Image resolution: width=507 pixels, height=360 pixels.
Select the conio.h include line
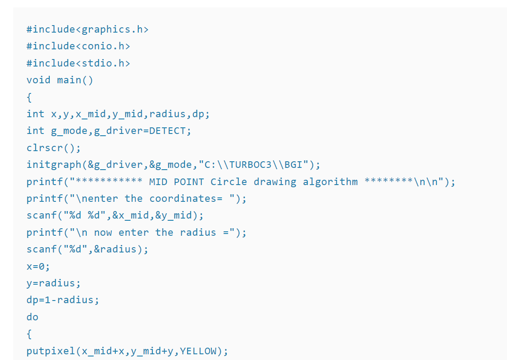point(78,46)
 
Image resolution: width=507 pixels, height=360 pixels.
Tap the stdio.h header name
point(103,63)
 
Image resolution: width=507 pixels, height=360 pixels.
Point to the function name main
point(69,80)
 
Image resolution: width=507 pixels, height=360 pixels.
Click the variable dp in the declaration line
point(199,114)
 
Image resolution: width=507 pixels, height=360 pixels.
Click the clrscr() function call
point(53,148)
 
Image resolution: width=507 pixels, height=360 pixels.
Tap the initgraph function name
point(54,165)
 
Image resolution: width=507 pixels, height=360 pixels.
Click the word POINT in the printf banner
point(189,182)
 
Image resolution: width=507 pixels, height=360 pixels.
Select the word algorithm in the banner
point(330,182)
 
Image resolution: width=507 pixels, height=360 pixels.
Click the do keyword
point(32,317)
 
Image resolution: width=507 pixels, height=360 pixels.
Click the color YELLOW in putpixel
point(199,351)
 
